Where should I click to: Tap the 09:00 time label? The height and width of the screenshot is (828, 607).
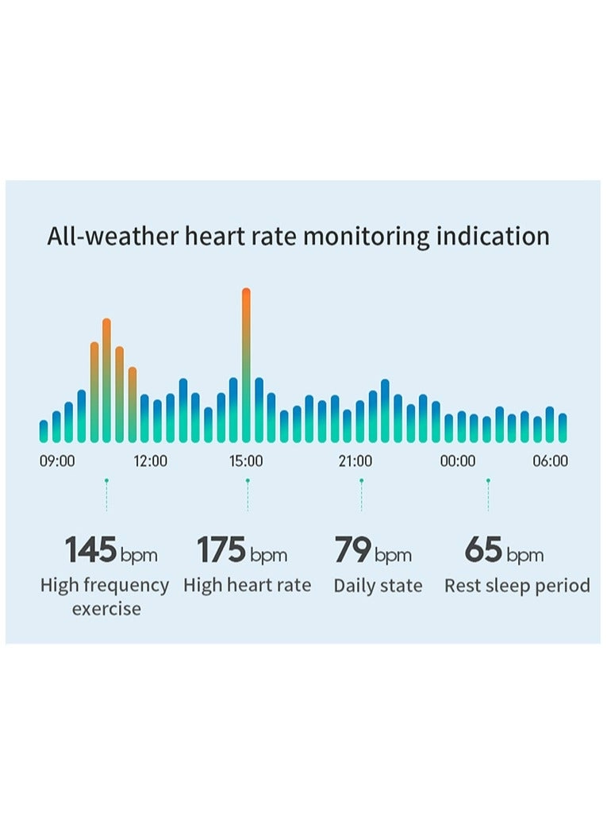[57, 461]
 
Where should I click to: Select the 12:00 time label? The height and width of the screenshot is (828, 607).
[150, 461]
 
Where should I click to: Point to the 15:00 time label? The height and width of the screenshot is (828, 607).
[246, 461]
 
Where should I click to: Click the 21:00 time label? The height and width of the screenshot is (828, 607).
[355, 461]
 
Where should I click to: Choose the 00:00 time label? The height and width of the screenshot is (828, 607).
[458, 461]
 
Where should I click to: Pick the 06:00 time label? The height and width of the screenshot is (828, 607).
[550, 461]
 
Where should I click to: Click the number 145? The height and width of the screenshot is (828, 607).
[90, 549]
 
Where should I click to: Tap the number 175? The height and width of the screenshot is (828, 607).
[221, 549]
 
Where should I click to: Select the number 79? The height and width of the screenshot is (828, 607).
[352, 549]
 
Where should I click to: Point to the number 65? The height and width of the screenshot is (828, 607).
[483, 549]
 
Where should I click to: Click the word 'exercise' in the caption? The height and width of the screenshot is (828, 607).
[106, 609]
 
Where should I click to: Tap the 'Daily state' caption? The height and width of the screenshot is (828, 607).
[378, 586]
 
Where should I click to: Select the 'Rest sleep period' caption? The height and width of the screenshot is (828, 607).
[517, 586]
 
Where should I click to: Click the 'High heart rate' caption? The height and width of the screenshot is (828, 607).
[247, 586]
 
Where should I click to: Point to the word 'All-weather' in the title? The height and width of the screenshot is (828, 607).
[112, 236]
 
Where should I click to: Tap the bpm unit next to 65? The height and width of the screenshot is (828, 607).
[524, 554]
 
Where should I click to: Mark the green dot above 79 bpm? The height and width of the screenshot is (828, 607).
[361, 480]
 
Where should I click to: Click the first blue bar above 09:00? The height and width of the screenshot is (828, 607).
[44, 431]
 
